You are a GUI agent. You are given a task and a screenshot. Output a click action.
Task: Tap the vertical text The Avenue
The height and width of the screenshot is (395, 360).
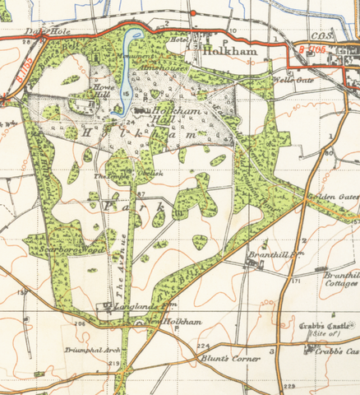116,276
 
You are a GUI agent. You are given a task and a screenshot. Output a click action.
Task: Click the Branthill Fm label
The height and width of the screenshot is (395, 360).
271,256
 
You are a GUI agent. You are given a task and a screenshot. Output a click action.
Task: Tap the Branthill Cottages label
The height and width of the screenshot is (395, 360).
340,279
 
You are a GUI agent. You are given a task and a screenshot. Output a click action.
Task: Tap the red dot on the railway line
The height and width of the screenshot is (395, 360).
192,13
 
